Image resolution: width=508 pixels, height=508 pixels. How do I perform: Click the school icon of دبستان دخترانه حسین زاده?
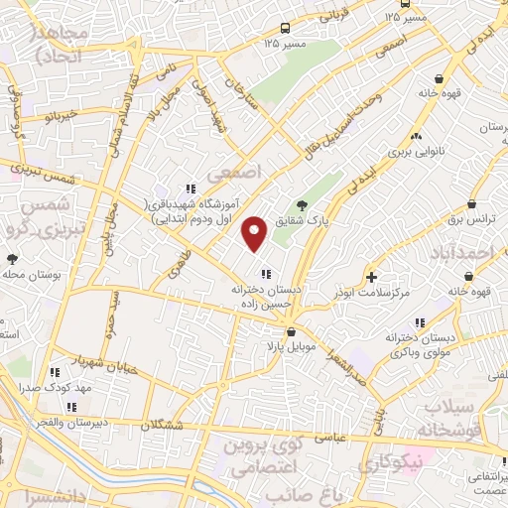265,274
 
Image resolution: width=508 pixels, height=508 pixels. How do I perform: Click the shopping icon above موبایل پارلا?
290,332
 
